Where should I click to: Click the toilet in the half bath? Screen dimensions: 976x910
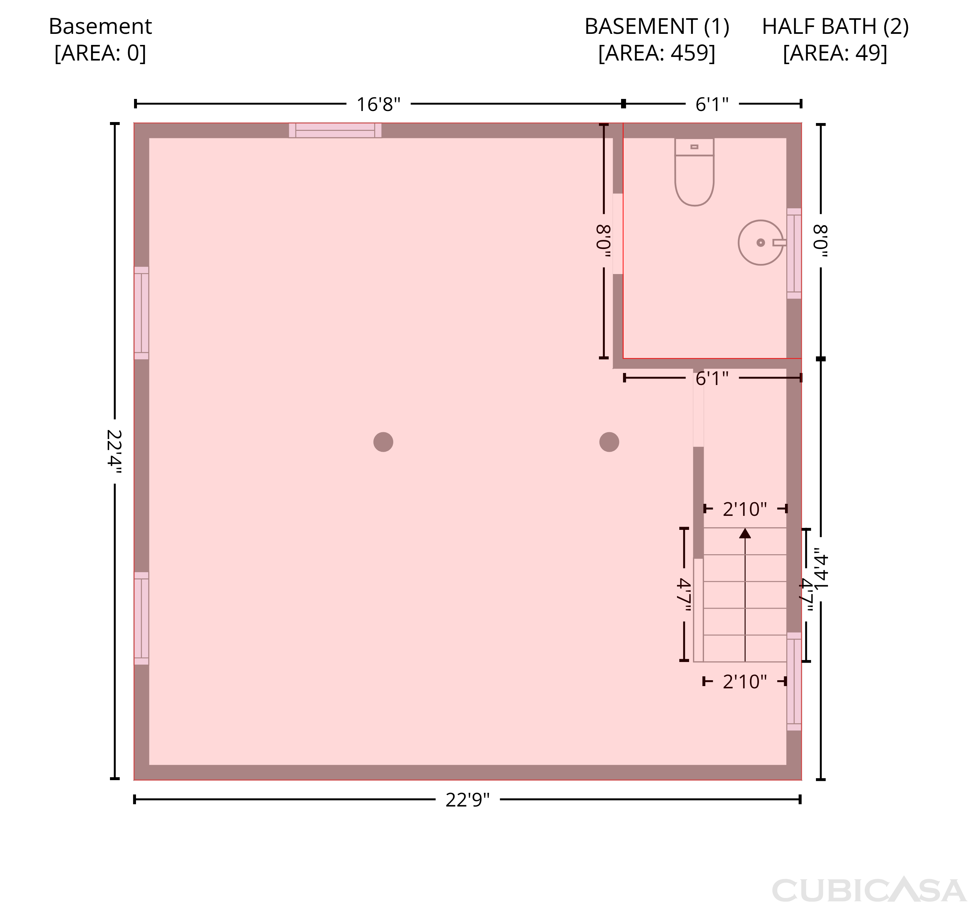694,172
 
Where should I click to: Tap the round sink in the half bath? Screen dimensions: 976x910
761,242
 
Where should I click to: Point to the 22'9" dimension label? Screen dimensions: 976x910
468,800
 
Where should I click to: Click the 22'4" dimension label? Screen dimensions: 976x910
114,451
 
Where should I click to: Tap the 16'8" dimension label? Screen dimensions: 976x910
378,104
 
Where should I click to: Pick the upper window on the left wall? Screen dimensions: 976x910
142,313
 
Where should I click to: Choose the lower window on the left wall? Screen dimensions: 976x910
142,618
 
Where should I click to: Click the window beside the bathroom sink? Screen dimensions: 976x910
794,254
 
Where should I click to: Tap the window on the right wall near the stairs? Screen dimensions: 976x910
794,681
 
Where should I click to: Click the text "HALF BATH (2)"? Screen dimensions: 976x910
835,26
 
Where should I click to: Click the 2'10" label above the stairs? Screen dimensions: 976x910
745,510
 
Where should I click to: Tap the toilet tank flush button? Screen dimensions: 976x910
694,147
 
